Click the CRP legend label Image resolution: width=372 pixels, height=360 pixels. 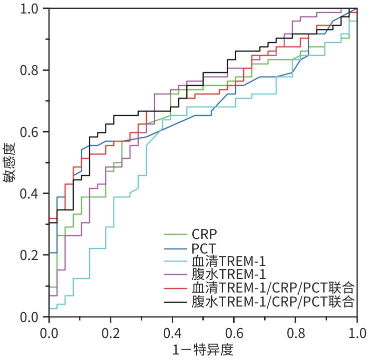point(204,233)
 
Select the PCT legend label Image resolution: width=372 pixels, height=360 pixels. point(203,246)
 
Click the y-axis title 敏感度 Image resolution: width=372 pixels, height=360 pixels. point(11,162)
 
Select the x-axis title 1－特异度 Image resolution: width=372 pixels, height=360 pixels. point(203,349)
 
